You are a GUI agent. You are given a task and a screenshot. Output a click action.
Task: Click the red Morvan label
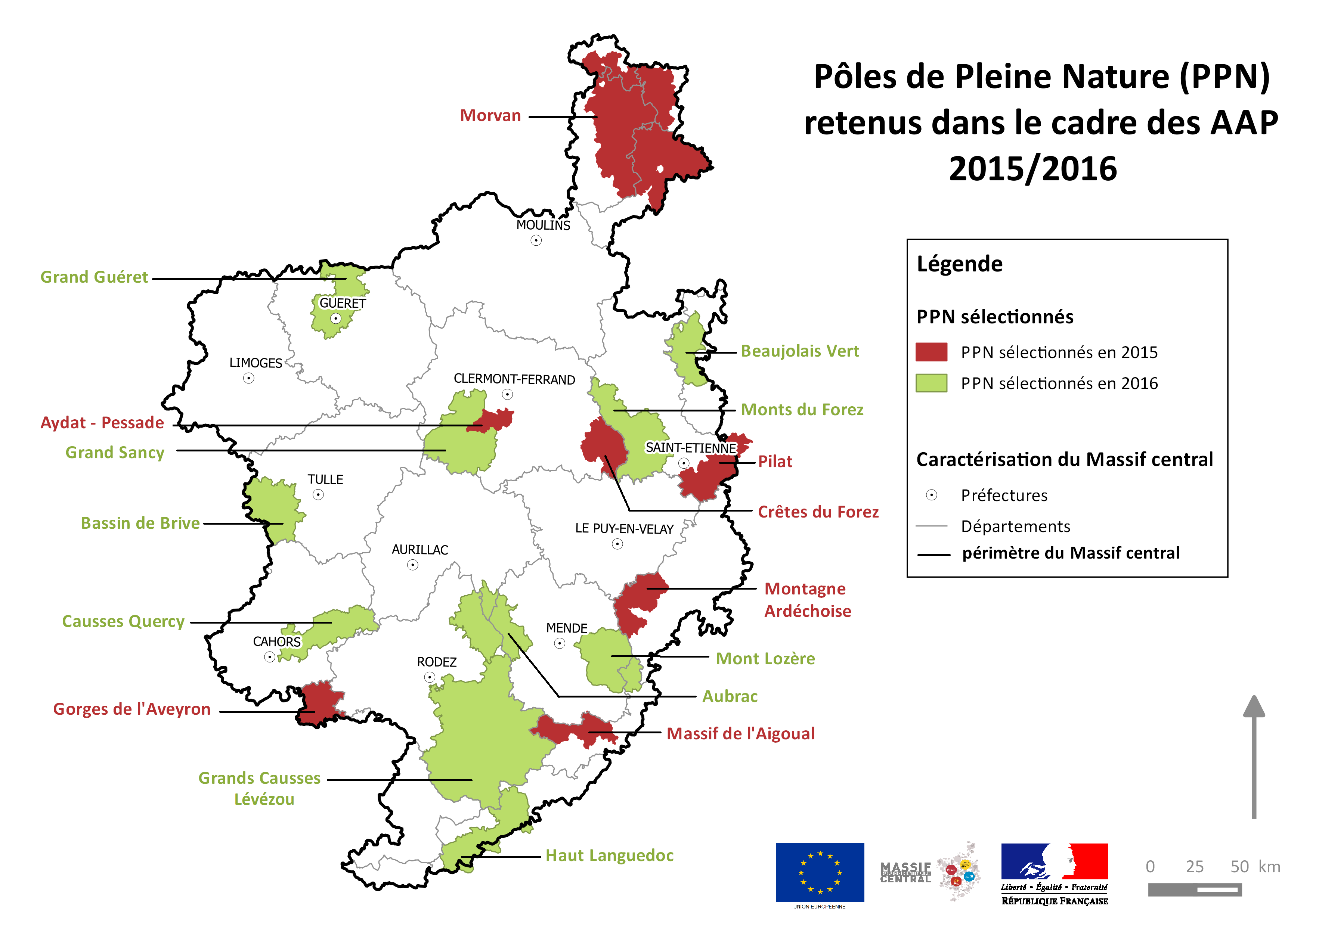[x=490, y=115]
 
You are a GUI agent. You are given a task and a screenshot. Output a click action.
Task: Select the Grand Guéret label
[x=94, y=277]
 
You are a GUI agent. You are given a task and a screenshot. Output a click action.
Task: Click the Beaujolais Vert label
[x=800, y=351]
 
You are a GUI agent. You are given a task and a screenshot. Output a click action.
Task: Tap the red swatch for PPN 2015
[x=931, y=352]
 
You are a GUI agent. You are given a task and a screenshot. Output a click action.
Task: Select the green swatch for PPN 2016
[x=931, y=383]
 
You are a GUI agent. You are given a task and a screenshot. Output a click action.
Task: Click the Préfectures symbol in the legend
[x=931, y=495]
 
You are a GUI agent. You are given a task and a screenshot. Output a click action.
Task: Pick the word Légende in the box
[x=959, y=264]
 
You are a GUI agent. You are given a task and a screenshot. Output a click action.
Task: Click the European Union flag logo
[x=820, y=872]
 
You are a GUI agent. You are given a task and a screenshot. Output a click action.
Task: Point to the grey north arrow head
[x=1254, y=707]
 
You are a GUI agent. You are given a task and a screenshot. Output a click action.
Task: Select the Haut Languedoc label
[x=609, y=855]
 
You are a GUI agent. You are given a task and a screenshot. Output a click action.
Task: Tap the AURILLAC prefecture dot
[x=412, y=565]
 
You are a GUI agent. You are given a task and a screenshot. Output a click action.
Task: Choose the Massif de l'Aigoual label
[x=740, y=733]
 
